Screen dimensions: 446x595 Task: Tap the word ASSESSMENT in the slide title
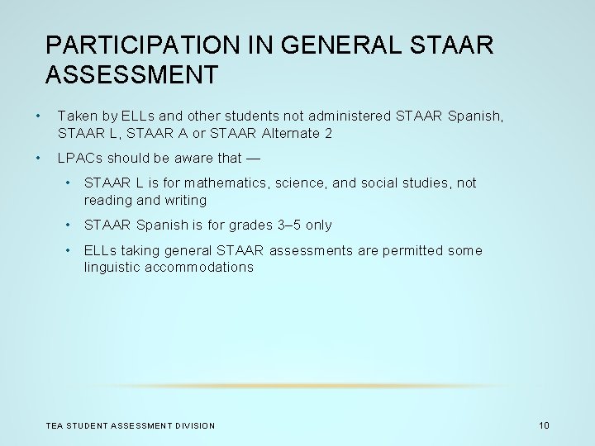132,75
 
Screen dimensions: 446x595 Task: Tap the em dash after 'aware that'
254,158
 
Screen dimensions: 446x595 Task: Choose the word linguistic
111,267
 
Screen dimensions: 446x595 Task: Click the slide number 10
543,425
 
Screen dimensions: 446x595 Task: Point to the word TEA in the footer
54,425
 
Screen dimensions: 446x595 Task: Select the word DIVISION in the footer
195,425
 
